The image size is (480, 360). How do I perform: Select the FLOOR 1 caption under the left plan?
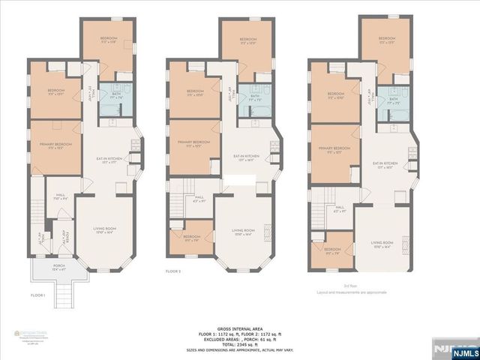pyautogui.click(x=37, y=295)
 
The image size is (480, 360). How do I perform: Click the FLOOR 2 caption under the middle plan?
pyautogui.click(x=175, y=271)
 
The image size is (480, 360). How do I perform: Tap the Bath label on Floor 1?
pyautogui.click(x=115, y=97)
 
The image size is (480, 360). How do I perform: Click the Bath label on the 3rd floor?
pyautogui.click(x=393, y=98)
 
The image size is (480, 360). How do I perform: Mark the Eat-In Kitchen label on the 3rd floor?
pyautogui.click(x=384, y=164)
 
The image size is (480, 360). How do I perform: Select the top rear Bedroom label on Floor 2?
pyautogui.click(x=248, y=40)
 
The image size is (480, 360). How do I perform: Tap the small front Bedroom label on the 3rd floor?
pyautogui.click(x=332, y=250)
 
